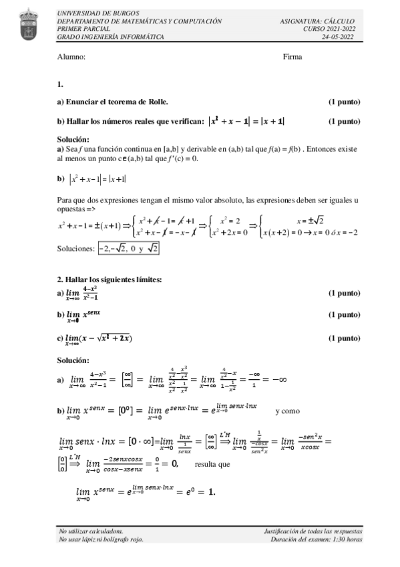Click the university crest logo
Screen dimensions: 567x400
(27, 24)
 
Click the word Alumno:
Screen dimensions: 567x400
(71, 57)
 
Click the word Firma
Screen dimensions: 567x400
(292, 57)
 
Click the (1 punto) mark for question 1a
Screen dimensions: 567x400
(344, 102)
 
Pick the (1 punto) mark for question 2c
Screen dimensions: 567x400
(344, 338)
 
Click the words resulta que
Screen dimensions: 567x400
(212, 463)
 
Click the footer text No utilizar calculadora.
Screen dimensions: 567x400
(91, 530)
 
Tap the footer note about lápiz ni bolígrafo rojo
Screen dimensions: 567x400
(101, 539)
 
